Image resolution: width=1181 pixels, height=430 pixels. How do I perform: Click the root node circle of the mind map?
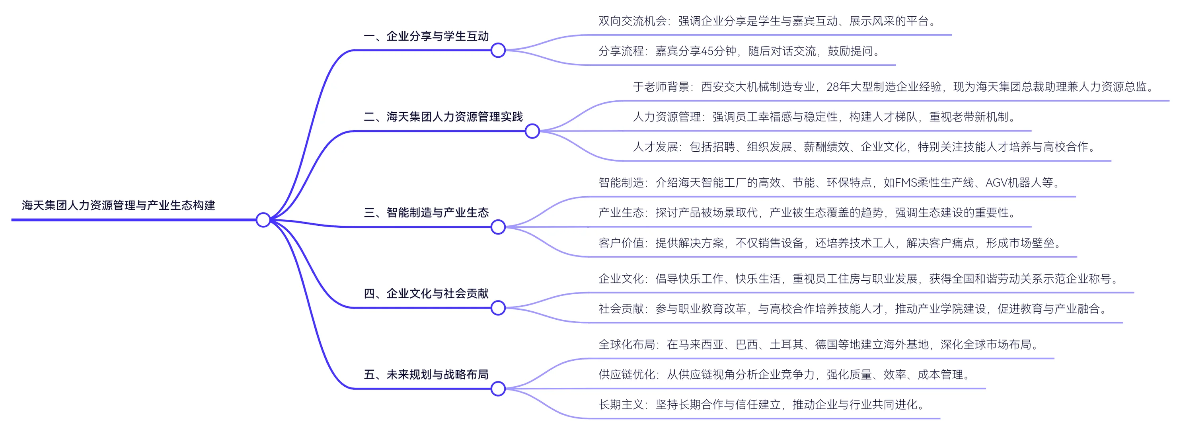tap(263, 220)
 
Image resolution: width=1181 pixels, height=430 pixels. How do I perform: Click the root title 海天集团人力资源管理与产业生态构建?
tap(118, 205)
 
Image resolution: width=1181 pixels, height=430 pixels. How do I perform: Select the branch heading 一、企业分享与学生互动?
tap(426, 36)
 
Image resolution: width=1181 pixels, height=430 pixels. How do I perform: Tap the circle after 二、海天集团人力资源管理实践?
tap(532, 131)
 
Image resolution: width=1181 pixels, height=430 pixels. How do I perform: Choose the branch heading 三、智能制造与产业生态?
tap(426, 213)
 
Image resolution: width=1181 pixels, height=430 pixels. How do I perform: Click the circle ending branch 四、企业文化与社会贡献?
tap(498, 308)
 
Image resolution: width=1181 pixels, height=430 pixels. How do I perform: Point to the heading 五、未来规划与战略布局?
tap(426, 375)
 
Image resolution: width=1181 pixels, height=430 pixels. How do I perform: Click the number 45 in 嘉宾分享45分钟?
tap(707, 51)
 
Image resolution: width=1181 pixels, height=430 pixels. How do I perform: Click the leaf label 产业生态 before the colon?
tap(621, 213)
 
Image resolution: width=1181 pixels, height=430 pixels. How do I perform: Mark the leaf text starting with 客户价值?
tap(830, 243)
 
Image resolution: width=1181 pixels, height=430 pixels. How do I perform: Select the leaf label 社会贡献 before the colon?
tap(621, 309)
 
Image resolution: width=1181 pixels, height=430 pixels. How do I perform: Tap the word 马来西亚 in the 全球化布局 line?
tap(695, 344)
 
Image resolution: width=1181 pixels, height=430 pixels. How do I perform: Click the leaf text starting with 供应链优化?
tap(784, 375)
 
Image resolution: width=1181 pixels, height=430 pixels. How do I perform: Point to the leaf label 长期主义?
tap(621, 404)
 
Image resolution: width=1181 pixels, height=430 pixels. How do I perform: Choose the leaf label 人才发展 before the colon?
tap(655, 147)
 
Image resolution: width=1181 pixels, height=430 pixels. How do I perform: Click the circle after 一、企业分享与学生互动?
tap(498, 51)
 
